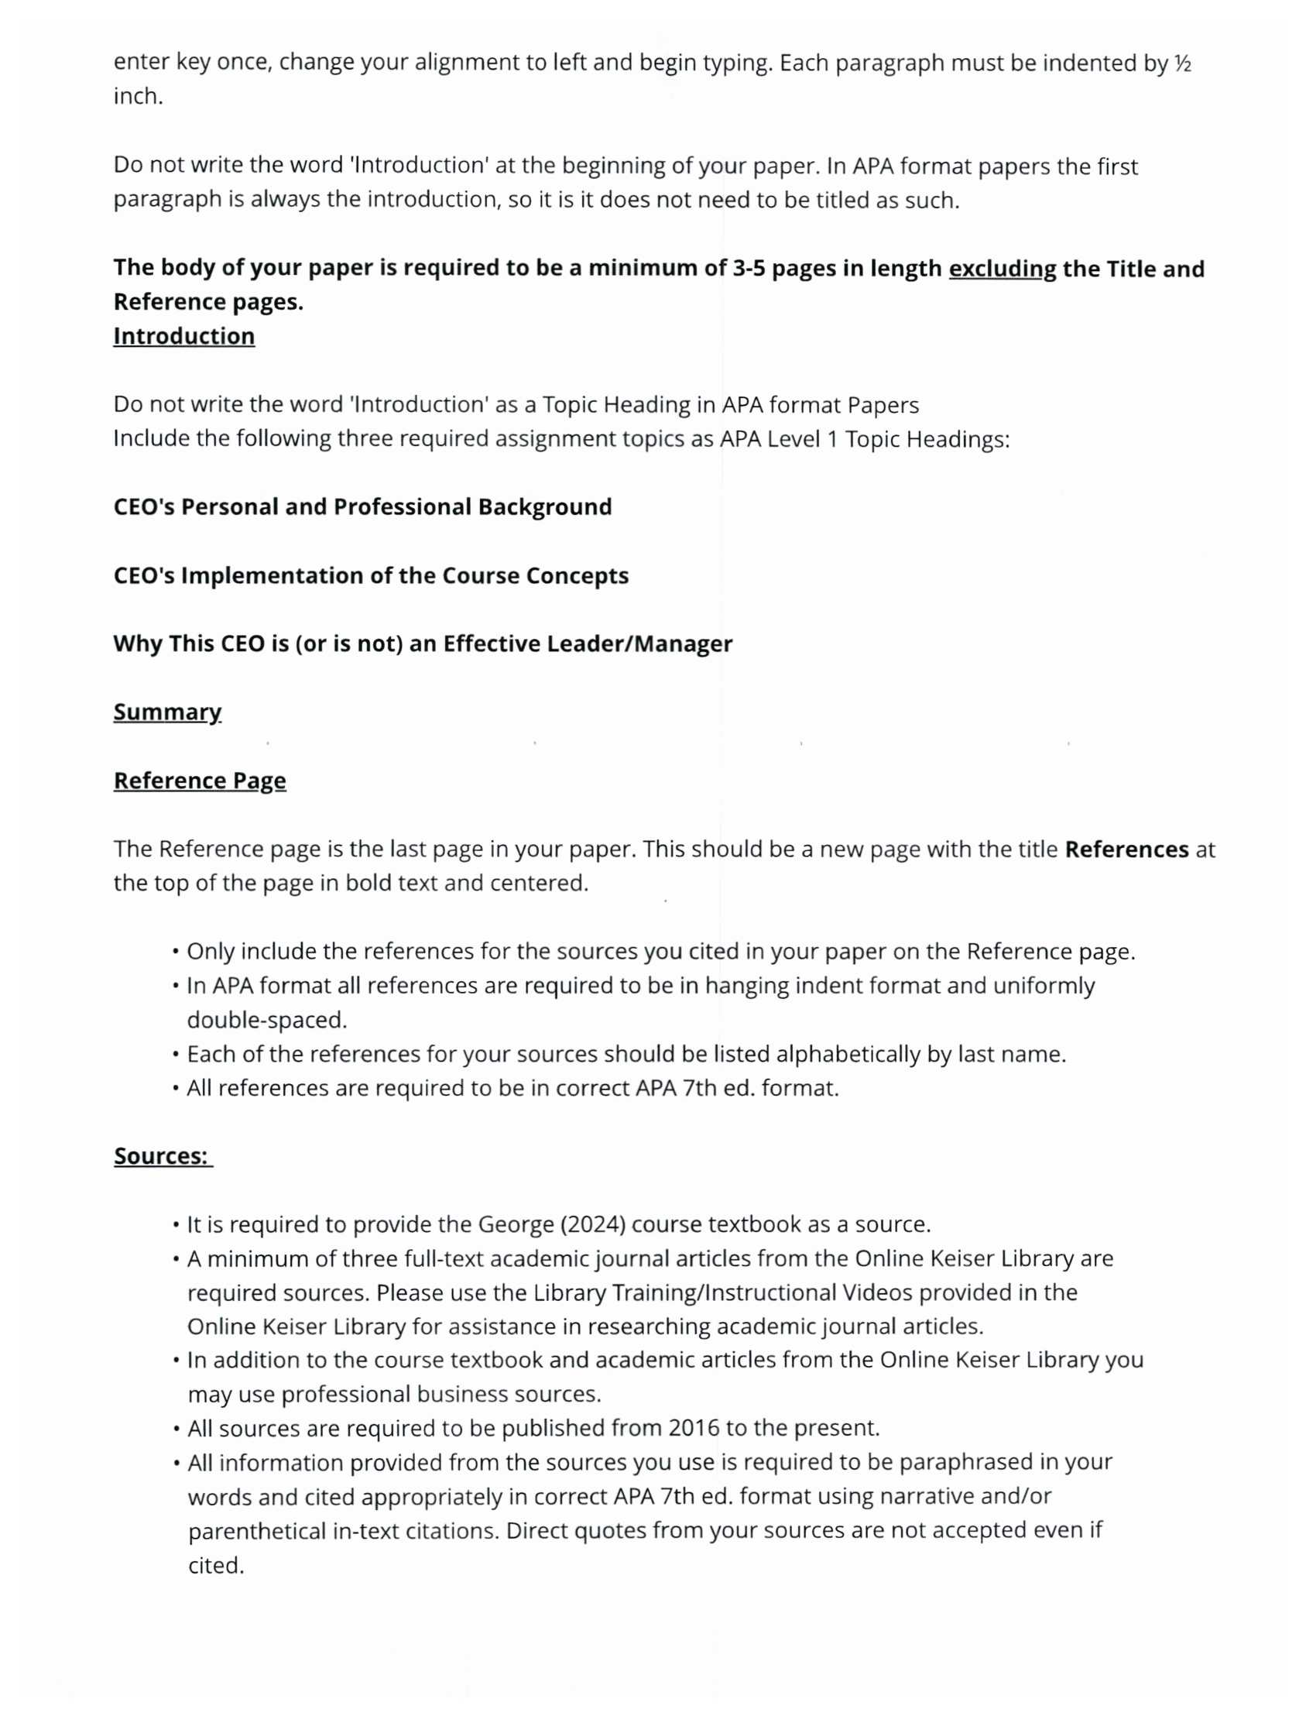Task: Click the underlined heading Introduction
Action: (x=183, y=336)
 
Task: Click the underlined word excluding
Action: (x=1001, y=268)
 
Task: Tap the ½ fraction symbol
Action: (x=1181, y=63)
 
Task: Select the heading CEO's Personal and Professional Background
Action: (x=362, y=507)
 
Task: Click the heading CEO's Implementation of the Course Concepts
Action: (x=371, y=575)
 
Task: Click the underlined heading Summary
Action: (x=167, y=712)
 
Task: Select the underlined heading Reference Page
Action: (x=200, y=781)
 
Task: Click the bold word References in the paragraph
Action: (x=1126, y=849)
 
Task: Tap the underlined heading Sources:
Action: (x=162, y=1156)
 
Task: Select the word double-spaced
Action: (x=266, y=1020)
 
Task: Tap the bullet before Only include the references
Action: (x=177, y=952)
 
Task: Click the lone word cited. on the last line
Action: (x=216, y=1565)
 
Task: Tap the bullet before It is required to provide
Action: (x=177, y=1225)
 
